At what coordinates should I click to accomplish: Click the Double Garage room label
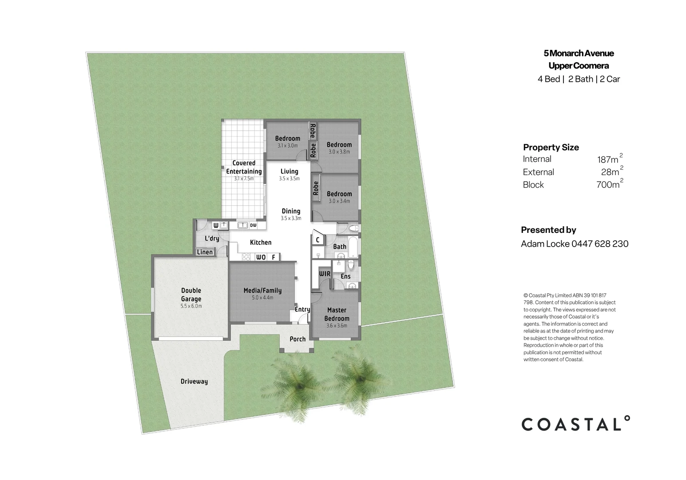191,295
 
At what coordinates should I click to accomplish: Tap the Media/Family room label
262,290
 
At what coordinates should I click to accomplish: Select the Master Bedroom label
337,314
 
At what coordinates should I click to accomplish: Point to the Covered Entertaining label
244,167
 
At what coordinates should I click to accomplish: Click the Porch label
297,339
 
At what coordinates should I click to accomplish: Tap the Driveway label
194,381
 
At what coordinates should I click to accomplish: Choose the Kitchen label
261,243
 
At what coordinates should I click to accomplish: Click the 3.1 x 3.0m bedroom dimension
288,146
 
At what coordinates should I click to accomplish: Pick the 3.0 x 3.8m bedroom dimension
339,152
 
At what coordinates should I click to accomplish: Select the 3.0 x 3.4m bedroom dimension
339,201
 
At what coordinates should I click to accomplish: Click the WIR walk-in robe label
325,274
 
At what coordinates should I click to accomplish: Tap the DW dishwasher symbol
253,225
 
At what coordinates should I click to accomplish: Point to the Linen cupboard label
205,252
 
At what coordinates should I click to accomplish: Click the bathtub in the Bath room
353,247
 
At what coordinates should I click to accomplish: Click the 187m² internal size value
610,158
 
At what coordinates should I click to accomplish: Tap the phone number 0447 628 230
600,244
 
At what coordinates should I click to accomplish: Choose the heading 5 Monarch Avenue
579,53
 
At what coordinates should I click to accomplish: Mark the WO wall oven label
261,257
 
